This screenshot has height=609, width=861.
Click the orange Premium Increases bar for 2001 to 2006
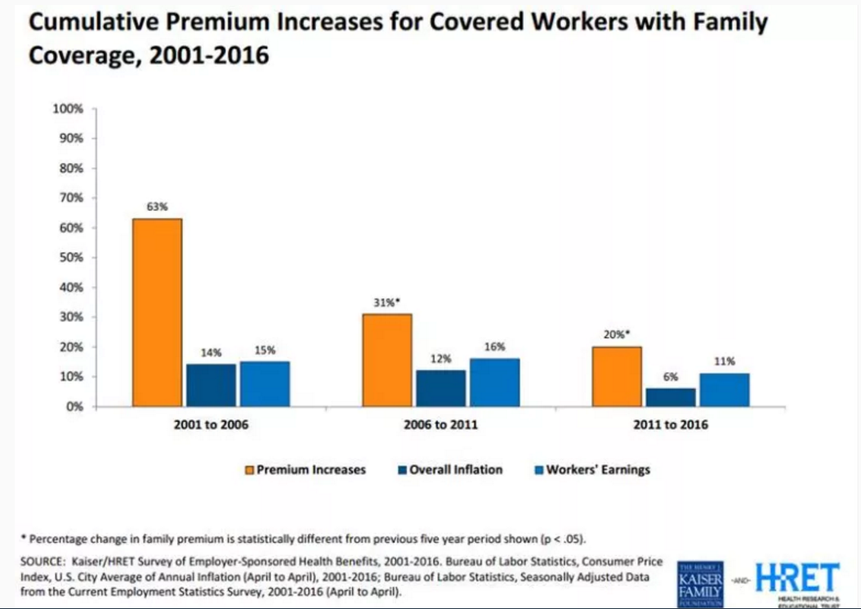tap(158, 312)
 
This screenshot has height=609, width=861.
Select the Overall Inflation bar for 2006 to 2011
tap(440, 388)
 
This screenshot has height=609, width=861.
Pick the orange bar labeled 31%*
tap(387, 360)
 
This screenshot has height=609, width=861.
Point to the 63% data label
tap(157, 208)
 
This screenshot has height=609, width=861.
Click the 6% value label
tap(670, 376)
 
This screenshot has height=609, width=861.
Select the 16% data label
tap(494, 347)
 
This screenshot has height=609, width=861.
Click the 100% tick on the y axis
tap(69, 109)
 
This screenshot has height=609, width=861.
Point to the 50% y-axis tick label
tap(71, 257)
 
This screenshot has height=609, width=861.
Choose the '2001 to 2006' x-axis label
tap(211, 425)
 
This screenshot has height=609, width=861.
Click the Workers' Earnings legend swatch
tap(540, 470)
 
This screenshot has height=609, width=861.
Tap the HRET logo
tap(796, 581)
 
